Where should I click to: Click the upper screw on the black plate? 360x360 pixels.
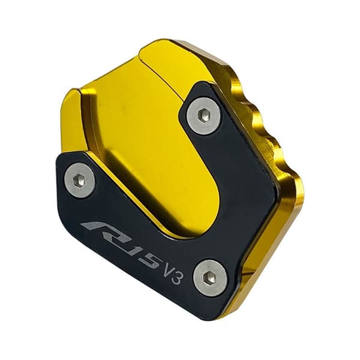point(204,115)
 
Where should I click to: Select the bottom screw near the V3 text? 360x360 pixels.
point(210,278)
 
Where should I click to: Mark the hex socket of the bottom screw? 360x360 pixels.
point(210,277)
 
